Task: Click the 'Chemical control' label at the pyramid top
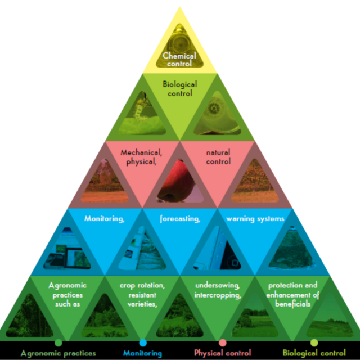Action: pyautogui.click(x=179, y=59)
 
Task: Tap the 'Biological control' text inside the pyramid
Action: pyautogui.click(x=179, y=89)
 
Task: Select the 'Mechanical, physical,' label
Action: pyautogui.click(x=142, y=156)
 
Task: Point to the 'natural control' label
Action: pyautogui.click(x=218, y=156)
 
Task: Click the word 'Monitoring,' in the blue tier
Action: pyautogui.click(x=104, y=218)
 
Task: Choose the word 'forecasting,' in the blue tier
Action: pyautogui.click(x=180, y=218)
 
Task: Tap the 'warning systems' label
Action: pyautogui.click(x=255, y=218)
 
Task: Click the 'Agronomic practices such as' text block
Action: pyautogui.click(x=67, y=294)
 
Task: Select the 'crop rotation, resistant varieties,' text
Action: pyautogui.click(x=142, y=294)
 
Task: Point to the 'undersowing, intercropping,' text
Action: pyautogui.click(x=218, y=290)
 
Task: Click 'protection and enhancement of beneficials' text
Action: pyautogui.click(x=293, y=294)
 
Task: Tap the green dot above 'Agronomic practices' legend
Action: pyautogui.click(x=58, y=342)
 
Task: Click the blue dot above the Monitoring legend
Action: pyautogui.click(x=143, y=342)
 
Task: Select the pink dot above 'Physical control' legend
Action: pyautogui.click(x=223, y=342)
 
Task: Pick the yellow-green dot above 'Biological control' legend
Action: pyautogui.click(x=314, y=342)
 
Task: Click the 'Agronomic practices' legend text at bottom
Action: pyautogui.click(x=58, y=353)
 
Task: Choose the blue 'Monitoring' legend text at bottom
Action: pyautogui.click(x=143, y=353)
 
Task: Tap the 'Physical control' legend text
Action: pyautogui.click(x=223, y=353)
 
